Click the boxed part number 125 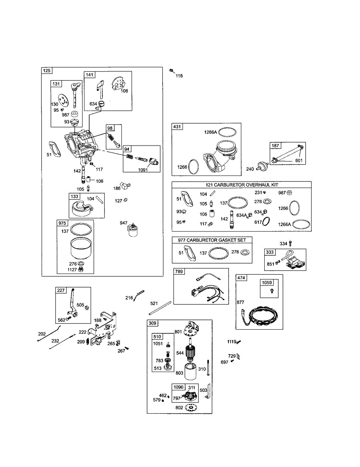(x=47, y=70)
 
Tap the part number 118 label (x=179, y=76)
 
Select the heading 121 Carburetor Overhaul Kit (x=242, y=185)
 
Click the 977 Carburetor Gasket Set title (x=212, y=240)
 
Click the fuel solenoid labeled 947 (x=133, y=230)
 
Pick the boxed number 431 (x=177, y=126)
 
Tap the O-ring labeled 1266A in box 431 (x=227, y=132)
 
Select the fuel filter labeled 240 (x=263, y=166)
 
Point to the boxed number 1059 (x=267, y=283)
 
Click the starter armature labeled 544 (x=191, y=351)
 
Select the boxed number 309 (x=153, y=323)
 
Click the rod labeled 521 (x=160, y=308)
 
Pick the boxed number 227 (x=61, y=290)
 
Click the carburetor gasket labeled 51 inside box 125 (x=55, y=149)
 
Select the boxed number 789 (x=179, y=271)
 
